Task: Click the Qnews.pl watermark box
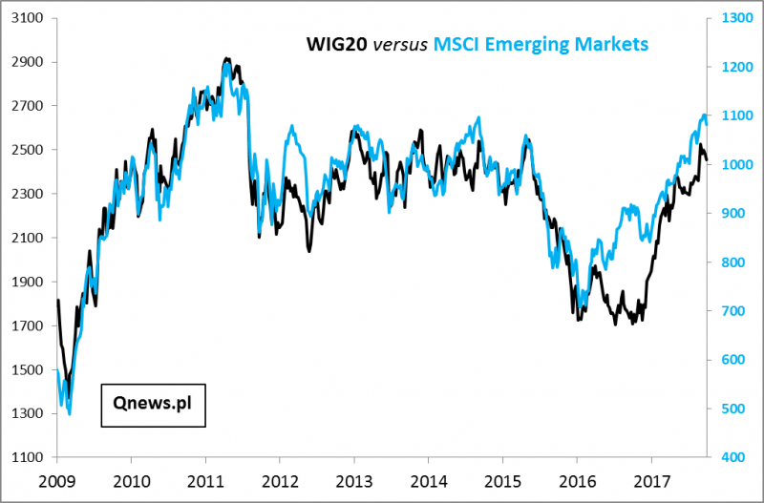click(x=153, y=403)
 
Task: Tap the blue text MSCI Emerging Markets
click(x=541, y=44)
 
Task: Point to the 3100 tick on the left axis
click(x=29, y=18)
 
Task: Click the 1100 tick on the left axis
click(x=29, y=457)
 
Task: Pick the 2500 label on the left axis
click(x=29, y=150)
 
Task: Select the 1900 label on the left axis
click(x=29, y=282)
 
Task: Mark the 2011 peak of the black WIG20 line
click(x=226, y=58)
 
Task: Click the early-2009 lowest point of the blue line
click(x=69, y=413)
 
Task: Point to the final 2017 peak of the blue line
click(x=704, y=115)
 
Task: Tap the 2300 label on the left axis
click(x=29, y=194)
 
